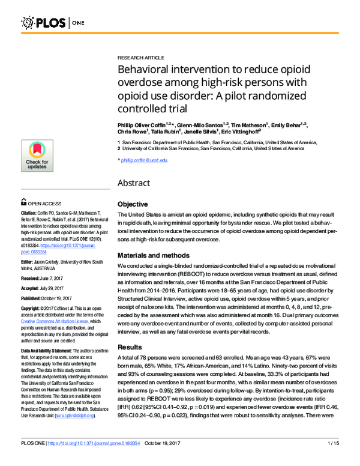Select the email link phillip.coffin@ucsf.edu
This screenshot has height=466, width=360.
tap(145, 160)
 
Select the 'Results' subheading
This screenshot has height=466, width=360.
tap(130, 346)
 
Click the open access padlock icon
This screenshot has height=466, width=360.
tap(23, 203)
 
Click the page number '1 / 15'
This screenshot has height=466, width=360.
tap(335, 460)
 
